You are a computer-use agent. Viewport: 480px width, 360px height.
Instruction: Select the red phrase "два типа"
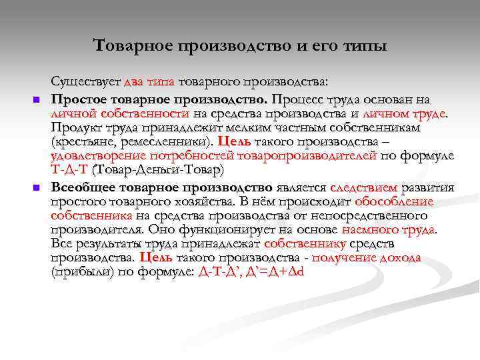(x=149, y=83)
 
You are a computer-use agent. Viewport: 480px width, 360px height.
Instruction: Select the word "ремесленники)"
(x=168, y=141)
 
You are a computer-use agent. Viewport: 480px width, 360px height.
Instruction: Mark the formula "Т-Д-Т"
(x=69, y=171)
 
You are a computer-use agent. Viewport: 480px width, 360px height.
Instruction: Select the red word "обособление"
(x=394, y=201)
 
